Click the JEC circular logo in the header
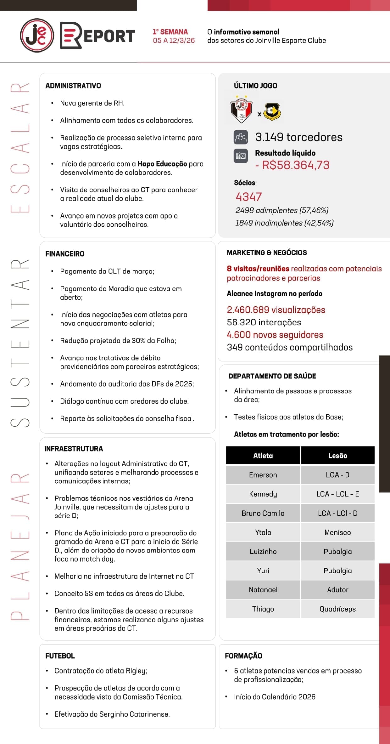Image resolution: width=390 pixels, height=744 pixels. coord(37,35)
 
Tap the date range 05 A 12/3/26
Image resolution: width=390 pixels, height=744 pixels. coord(174,41)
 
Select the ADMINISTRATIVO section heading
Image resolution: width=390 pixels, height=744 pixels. coord(73,86)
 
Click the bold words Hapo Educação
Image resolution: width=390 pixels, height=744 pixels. coord(162,164)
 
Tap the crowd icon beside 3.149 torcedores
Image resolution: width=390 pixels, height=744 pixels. coord(241,137)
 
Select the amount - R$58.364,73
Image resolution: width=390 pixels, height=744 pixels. coord(292,165)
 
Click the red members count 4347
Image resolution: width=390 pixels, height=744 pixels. coord(248,197)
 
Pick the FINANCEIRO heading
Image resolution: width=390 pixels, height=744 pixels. coord(65,254)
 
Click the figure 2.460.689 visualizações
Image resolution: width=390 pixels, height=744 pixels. coord(276,310)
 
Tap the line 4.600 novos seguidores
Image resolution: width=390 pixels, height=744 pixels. coord(275,335)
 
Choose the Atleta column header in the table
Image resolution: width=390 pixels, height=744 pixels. coord(263,456)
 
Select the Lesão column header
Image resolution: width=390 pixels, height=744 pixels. coord(337,456)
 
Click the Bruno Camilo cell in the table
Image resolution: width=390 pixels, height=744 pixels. coord(263,513)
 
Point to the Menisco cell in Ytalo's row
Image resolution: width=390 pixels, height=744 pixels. coord(337,532)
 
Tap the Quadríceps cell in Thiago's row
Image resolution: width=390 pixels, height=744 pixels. coord(337,609)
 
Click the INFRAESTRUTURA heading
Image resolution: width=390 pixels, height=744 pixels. coord(74,449)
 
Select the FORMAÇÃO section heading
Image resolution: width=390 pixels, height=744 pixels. coord(243,656)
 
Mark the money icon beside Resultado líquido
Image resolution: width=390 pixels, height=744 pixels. coord(241,156)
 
